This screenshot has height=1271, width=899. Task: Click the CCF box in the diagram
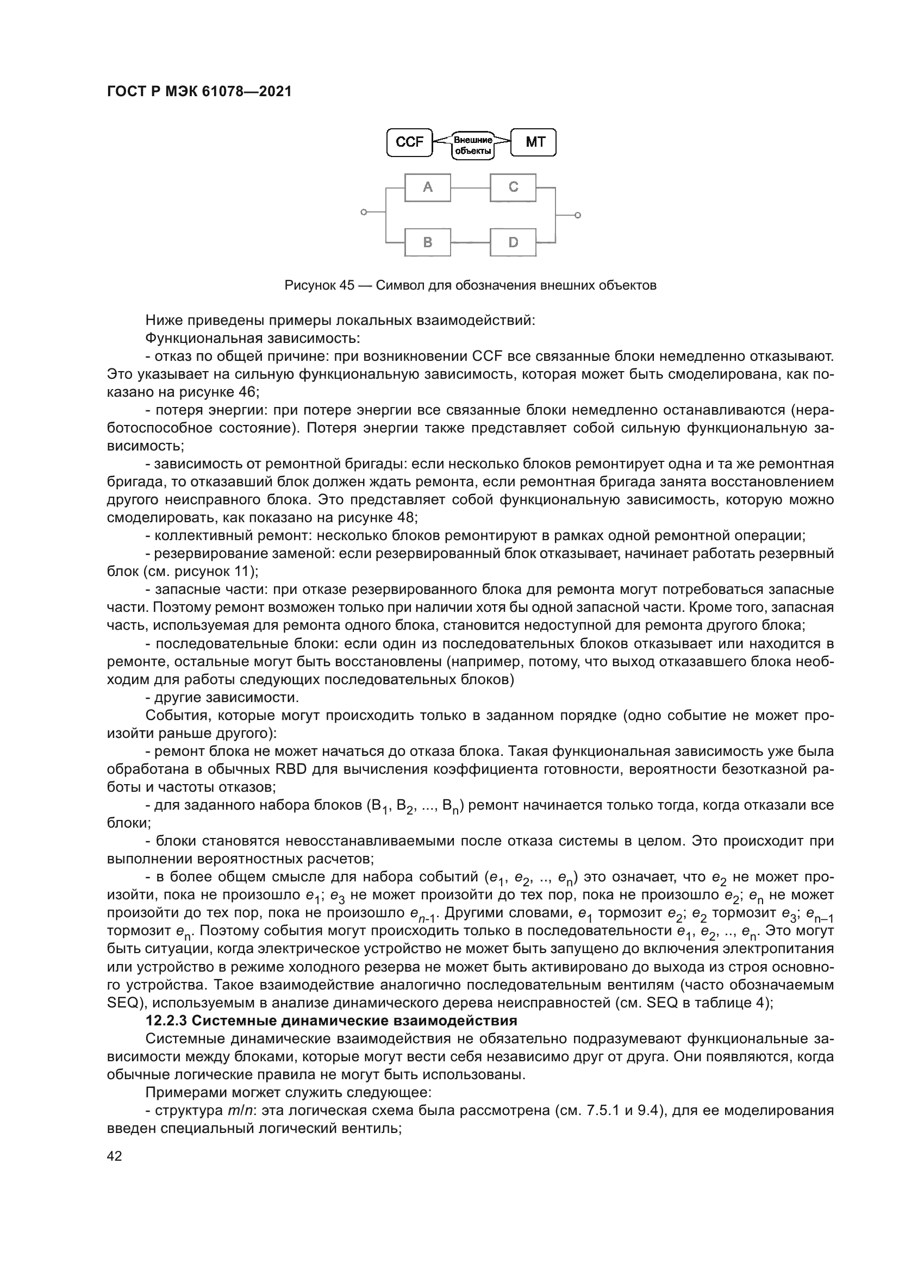[409, 142]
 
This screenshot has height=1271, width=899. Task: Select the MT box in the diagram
[534, 142]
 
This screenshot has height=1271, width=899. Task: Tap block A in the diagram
[427, 187]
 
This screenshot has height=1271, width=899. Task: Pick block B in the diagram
[427, 242]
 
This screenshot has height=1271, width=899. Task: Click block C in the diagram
[513, 187]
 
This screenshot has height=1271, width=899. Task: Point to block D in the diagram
[513, 242]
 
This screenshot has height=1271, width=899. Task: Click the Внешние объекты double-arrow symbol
[473, 145]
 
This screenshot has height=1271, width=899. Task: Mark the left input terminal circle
[363, 212]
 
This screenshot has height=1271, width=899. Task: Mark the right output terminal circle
[577, 215]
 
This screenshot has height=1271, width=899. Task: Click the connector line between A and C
[471, 188]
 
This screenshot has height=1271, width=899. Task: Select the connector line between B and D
[471, 242]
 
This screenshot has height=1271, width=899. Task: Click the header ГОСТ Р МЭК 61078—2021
[199, 92]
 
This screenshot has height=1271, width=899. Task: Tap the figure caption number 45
[347, 286]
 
